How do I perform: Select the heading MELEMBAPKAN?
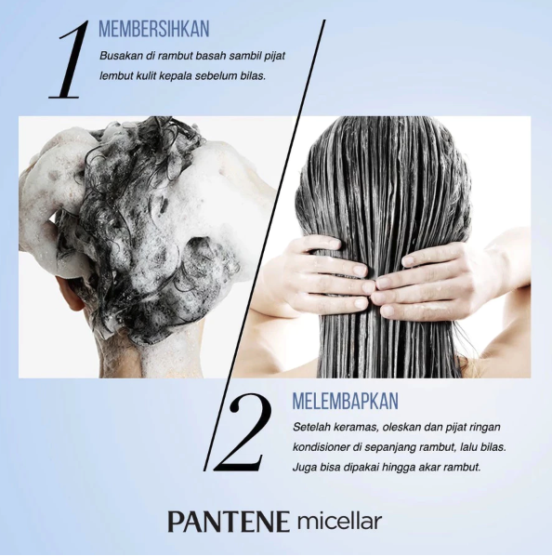(x=345, y=401)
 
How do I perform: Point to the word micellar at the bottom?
(x=339, y=521)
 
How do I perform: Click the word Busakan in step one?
(x=122, y=56)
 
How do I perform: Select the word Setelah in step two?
(x=312, y=427)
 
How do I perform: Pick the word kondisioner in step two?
(x=322, y=446)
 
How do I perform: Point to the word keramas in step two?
(x=365, y=427)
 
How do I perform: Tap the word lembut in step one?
(x=118, y=76)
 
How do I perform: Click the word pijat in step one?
(x=273, y=56)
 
